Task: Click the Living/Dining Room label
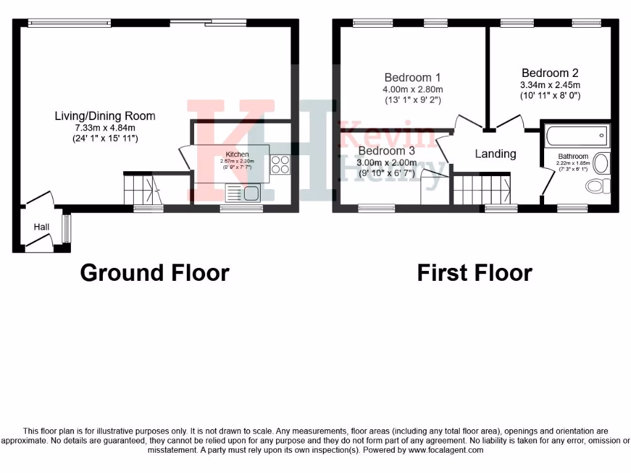tap(105, 116)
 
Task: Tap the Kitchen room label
tap(237, 154)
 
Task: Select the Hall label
tap(41, 227)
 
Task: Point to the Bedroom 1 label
tap(412, 78)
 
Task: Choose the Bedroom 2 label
tap(550, 73)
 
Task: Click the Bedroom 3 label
tap(386, 151)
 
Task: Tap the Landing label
tap(495, 154)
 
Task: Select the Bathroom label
tap(573, 156)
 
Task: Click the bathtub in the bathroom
tap(577, 135)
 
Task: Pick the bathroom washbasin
tap(601, 163)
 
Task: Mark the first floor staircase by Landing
tap(482, 188)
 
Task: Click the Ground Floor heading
tap(154, 272)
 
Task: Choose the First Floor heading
tap(474, 272)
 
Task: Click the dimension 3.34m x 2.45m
tap(550, 85)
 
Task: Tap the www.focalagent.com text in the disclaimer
tap(444, 450)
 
